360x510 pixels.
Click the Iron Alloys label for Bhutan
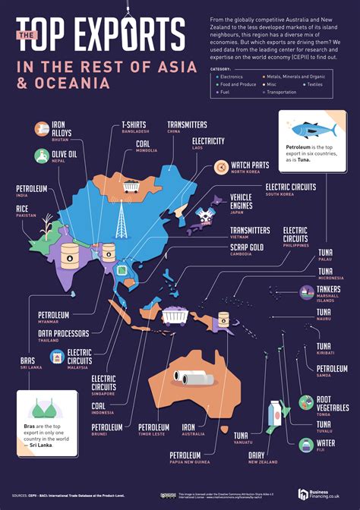tap(62, 131)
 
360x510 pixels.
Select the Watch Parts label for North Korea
tap(251, 166)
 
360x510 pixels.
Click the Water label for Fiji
tap(325, 442)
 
